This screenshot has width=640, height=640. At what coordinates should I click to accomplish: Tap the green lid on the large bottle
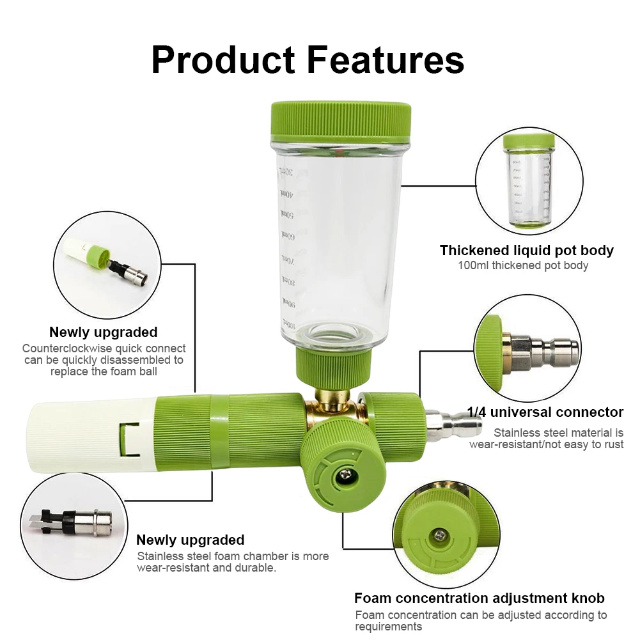click(341, 121)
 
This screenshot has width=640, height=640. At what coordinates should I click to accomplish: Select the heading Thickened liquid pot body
click(526, 250)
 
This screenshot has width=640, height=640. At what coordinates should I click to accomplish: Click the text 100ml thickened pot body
click(523, 265)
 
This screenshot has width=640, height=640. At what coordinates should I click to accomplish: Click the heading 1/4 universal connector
click(545, 412)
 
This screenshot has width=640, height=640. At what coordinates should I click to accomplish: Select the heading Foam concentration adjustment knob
click(480, 598)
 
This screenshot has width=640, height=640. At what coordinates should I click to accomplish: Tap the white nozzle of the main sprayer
click(90, 434)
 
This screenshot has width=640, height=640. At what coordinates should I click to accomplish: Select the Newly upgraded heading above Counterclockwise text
click(103, 332)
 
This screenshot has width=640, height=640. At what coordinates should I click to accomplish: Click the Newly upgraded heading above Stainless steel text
click(191, 540)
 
